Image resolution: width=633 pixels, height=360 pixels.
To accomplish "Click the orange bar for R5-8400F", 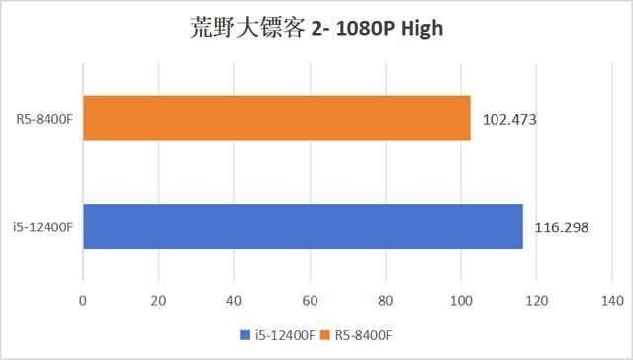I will pyautogui.click(x=276, y=120).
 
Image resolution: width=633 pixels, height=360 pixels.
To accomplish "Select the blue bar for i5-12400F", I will pyautogui.click(x=303, y=226).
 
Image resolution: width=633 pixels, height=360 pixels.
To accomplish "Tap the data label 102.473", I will pyautogui.click(x=509, y=121).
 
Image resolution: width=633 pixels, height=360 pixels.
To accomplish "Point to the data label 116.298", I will pyautogui.click(x=561, y=227).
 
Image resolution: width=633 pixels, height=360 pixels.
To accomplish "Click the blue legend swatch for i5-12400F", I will pyautogui.click(x=244, y=334).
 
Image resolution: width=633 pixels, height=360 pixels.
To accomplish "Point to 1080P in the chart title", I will pyautogui.click(x=347, y=27).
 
